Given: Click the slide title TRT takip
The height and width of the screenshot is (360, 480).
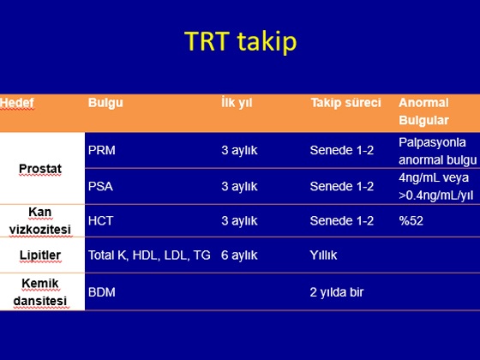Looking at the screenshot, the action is (241, 42).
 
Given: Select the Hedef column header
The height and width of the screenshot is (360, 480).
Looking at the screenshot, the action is (17, 103).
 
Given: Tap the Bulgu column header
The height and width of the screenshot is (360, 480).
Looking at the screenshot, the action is (105, 103).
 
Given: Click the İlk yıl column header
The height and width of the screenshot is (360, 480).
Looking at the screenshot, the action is (237, 103).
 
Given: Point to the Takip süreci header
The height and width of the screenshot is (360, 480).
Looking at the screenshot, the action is (346, 103).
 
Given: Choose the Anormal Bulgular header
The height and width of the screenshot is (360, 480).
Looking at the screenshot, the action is (423, 111).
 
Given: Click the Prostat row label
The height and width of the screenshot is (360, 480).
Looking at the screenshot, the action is (40, 169).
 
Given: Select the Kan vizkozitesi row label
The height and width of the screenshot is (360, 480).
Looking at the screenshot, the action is (40, 220).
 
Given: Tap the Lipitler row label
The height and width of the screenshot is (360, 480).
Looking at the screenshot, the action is (40, 255).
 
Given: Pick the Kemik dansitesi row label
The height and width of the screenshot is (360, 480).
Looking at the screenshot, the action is (40, 291).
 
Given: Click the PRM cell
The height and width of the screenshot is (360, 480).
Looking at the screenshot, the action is (102, 150).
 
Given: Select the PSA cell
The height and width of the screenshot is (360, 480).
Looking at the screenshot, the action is (100, 187).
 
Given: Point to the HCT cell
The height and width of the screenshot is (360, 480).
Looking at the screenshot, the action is (101, 221).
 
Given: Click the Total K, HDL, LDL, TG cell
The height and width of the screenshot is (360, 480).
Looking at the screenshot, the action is (149, 255).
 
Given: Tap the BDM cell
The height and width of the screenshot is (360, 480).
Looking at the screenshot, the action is (102, 292).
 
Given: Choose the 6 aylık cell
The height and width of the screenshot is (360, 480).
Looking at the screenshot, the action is (239, 255).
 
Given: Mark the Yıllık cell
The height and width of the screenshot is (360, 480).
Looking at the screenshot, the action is (323, 255).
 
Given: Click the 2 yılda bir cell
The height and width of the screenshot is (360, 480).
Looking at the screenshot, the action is (337, 292).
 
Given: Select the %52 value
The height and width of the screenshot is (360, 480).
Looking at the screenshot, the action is (411, 221).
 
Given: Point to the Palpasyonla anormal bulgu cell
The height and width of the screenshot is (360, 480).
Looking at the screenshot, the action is (438, 151).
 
